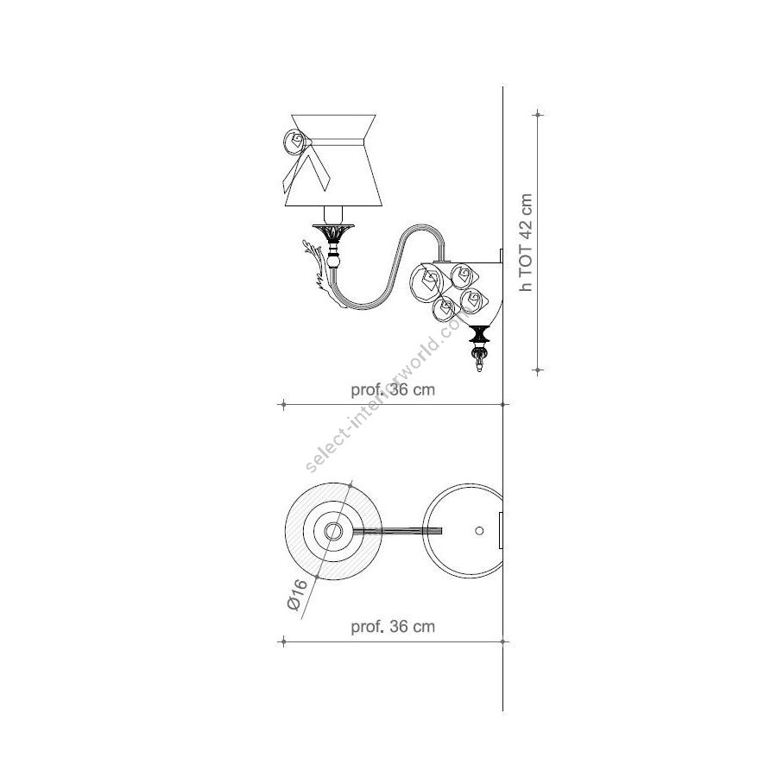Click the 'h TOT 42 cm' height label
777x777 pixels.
click(526, 243)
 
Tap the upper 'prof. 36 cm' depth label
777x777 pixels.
click(393, 389)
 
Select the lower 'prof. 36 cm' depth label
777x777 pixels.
click(393, 627)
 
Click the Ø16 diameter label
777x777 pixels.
click(297, 595)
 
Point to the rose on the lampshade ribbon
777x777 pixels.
click(294, 142)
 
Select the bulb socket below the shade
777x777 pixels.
click(333, 215)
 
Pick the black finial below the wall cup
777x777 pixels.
click(479, 335)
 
